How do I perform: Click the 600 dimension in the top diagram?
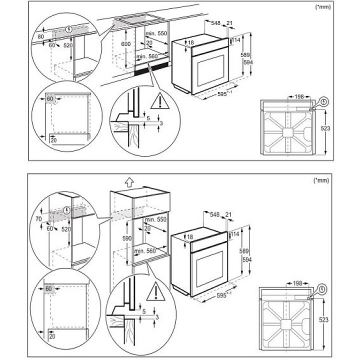[126, 44]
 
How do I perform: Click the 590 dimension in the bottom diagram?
[126, 238]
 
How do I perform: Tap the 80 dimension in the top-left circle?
[40, 36]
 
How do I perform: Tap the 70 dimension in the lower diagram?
[39, 219]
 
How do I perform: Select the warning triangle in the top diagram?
[160, 101]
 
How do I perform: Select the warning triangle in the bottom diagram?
[156, 291]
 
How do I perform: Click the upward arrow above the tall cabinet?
[129, 183]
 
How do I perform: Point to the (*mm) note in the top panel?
[323, 7]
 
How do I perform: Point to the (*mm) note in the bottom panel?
[321, 180]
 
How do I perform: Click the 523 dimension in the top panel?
[325, 128]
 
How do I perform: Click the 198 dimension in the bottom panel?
[297, 283]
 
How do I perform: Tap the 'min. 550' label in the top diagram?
[156, 33]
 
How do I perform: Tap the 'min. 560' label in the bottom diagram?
[145, 251]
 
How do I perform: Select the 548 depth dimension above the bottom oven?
[214, 214]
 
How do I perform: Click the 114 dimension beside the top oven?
[236, 40]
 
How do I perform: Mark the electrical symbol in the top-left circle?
[68, 29]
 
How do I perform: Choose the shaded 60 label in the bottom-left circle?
[48, 288]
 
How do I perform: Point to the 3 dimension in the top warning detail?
[161, 123]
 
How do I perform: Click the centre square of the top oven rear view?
[288, 133]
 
